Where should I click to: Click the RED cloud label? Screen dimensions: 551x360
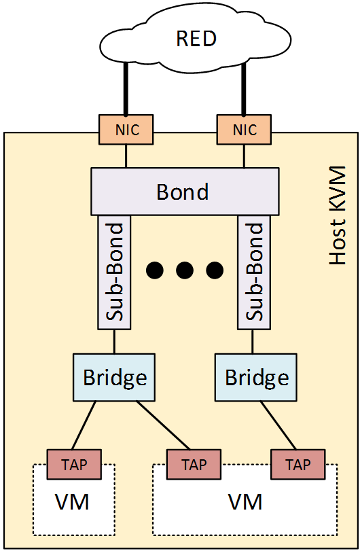(196, 39)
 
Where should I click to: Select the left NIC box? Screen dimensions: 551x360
(127, 129)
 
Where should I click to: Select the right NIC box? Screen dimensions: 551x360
(242, 129)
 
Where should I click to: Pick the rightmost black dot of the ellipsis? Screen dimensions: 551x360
(215, 270)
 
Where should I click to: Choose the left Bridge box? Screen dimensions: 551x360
(115, 376)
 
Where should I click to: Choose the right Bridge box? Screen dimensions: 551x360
(257, 376)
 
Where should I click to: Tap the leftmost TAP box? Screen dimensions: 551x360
(73, 464)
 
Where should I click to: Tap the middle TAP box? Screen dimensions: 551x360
(194, 465)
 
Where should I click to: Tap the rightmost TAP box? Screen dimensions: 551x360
(298, 465)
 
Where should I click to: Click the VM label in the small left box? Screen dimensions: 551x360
(72, 503)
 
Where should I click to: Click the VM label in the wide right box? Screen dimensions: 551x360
(245, 503)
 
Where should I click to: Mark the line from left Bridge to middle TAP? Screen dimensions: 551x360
(163, 425)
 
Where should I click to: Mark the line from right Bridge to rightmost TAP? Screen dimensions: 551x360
(278, 425)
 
